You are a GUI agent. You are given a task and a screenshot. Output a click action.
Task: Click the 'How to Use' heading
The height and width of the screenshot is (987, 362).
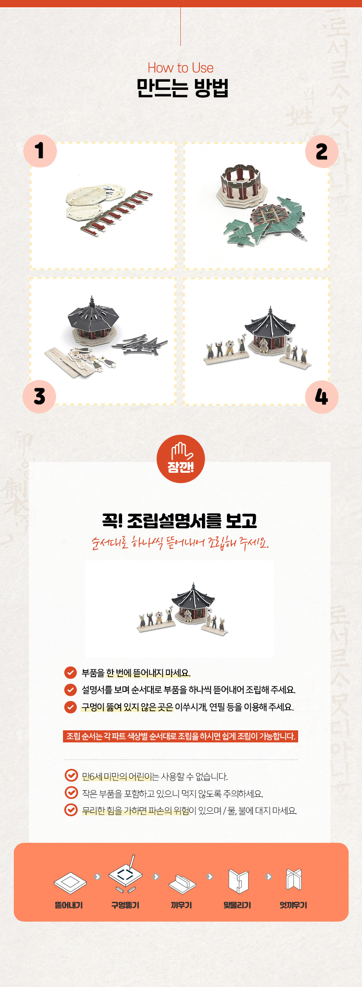coord(180,68)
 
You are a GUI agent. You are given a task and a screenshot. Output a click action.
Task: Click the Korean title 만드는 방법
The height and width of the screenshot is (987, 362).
coord(182,88)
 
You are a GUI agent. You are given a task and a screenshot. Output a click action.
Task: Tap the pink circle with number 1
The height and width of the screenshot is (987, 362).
coord(40,151)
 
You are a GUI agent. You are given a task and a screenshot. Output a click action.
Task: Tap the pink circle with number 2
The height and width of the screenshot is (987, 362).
coord(321,151)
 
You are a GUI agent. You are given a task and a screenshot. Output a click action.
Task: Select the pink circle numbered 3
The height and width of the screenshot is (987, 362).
coord(39,397)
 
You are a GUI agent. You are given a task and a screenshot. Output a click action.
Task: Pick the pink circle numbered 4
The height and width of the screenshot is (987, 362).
coord(321,397)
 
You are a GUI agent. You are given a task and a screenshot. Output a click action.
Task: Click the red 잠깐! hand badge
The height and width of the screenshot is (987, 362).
coord(181,459)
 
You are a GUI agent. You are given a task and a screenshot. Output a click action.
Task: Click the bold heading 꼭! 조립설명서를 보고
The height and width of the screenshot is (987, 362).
coord(180,521)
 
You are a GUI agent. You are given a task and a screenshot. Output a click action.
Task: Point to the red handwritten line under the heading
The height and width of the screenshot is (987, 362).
coord(180,543)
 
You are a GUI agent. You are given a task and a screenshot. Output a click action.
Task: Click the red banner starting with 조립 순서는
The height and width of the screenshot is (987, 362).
coord(180,736)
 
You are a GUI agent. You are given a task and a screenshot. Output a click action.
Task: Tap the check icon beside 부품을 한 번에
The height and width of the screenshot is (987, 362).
coord(70,673)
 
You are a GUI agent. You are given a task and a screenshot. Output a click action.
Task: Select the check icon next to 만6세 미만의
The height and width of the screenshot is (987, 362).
coord(71,776)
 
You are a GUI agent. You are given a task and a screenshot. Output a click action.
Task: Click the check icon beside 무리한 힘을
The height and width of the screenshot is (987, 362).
coord(71,810)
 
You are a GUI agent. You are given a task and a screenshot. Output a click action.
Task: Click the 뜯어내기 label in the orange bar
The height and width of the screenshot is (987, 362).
coord(69,905)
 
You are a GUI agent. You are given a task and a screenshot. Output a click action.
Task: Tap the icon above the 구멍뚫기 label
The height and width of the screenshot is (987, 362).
coord(126,874)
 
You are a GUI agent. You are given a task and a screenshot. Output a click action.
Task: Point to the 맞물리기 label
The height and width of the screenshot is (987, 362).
coord(237,905)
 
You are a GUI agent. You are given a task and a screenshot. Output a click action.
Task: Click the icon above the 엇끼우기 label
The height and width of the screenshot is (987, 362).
coord(293,879)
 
